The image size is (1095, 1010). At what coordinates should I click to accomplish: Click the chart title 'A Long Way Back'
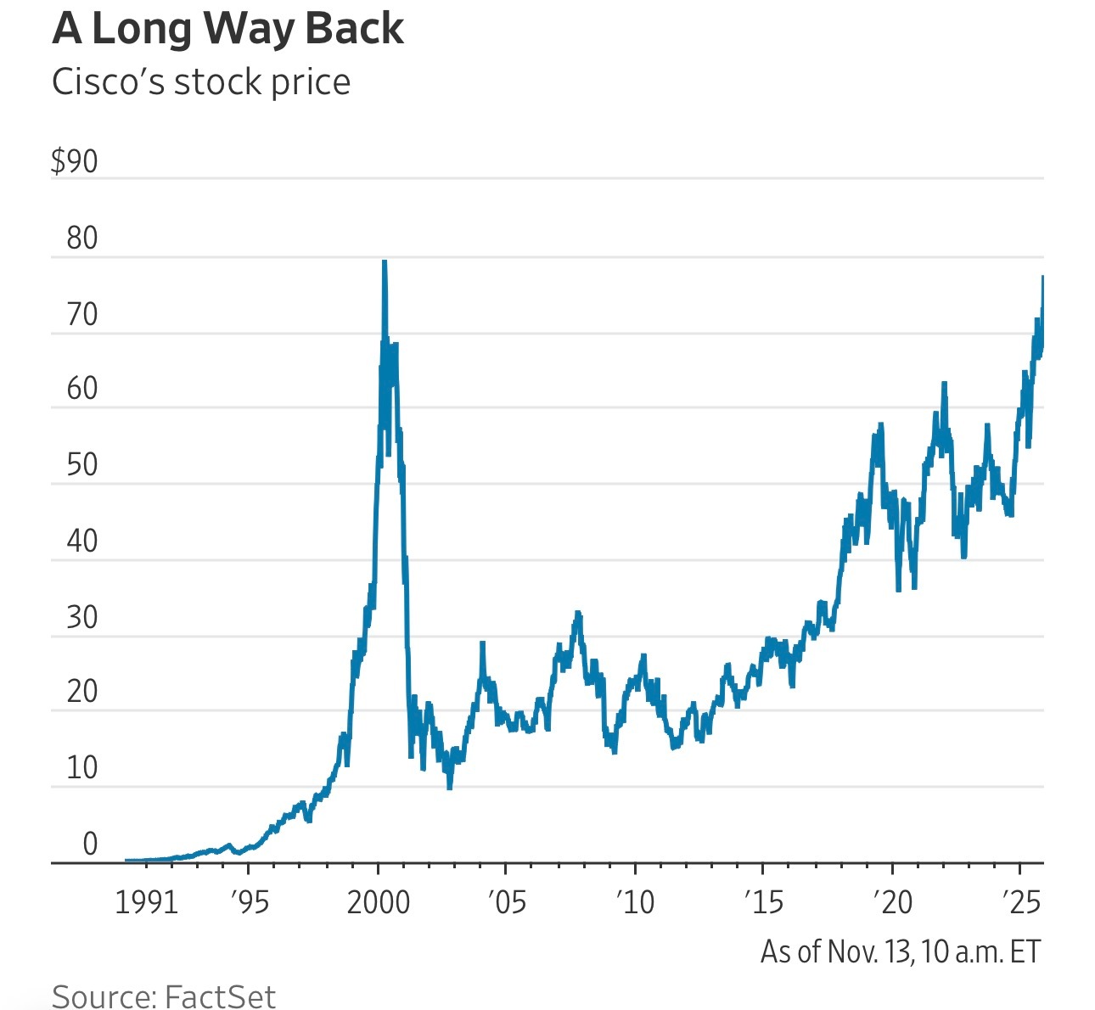click(x=227, y=29)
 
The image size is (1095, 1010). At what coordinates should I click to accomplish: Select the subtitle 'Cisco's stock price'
click(x=201, y=82)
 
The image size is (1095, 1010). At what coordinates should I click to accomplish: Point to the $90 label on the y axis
click(x=75, y=161)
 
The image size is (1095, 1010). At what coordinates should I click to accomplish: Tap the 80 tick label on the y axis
click(x=82, y=238)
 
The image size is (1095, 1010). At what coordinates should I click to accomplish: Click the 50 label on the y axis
click(x=82, y=466)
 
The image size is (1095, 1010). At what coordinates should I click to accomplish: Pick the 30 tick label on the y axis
click(x=82, y=618)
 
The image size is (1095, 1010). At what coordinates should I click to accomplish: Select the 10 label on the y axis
click(x=82, y=768)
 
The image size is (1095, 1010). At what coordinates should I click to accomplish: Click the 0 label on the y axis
click(x=90, y=844)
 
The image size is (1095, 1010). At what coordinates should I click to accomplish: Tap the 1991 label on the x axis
click(x=146, y=902)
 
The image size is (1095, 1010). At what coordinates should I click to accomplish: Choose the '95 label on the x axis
click(x=249, y=902)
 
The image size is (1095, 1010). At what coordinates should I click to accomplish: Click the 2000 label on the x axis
click(x=379, y=902)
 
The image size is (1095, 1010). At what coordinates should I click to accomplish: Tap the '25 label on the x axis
click(x=1020, y=902)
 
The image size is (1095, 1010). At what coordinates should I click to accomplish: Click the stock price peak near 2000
click(x=384, y=261)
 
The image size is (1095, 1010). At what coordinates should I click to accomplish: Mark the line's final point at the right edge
click(x=1042, y=278)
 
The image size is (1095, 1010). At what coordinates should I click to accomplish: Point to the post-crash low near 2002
click(x=449, y=788)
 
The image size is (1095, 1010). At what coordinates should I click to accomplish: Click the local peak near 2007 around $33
click(x=578, y=612)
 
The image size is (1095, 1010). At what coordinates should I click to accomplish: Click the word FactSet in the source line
click(x=220, y=996)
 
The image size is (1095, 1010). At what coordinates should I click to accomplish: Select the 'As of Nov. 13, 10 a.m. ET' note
click(x=900, y=951)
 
